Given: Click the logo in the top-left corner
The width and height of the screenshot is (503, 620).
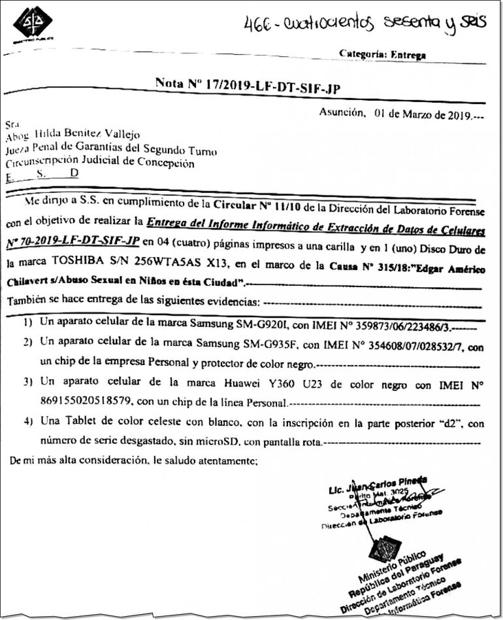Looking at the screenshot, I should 32,24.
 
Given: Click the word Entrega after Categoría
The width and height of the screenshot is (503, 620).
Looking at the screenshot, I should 408,55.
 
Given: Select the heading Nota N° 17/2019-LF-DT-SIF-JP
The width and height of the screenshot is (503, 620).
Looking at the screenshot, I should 248,83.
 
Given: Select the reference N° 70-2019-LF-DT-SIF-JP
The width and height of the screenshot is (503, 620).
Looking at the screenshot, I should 73,241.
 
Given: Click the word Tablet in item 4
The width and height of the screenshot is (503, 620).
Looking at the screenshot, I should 77,424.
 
